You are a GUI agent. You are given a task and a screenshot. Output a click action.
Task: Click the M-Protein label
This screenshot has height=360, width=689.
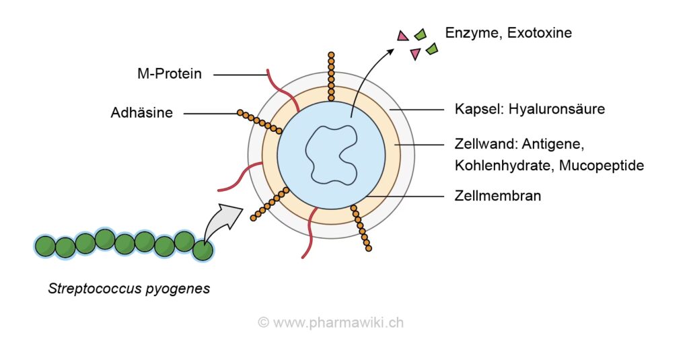tap(169, 74)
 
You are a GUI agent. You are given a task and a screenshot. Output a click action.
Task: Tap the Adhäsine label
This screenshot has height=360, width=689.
tap(141, 113)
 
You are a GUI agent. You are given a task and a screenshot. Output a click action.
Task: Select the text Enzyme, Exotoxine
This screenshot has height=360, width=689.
tap(508, 32)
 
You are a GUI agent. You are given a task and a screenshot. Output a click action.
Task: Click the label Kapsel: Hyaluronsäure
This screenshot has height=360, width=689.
tap(525, 109)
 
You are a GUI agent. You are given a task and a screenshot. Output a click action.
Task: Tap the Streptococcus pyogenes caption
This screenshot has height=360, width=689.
tap(129, 289)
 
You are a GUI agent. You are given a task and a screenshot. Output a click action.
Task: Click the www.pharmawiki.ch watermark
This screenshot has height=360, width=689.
tap(330, 322)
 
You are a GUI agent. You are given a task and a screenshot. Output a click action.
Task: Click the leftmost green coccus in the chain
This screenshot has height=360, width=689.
tap(46, 246)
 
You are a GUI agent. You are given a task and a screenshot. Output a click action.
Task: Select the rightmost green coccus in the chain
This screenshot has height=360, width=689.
tap(203, 250)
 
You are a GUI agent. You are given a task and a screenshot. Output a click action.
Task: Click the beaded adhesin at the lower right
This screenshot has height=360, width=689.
tap(361, 228)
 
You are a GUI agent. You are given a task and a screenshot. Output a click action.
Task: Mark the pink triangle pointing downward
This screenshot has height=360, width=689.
tap(415, 53)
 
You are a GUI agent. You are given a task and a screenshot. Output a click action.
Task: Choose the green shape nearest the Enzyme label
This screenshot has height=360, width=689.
tap(421, 34)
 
